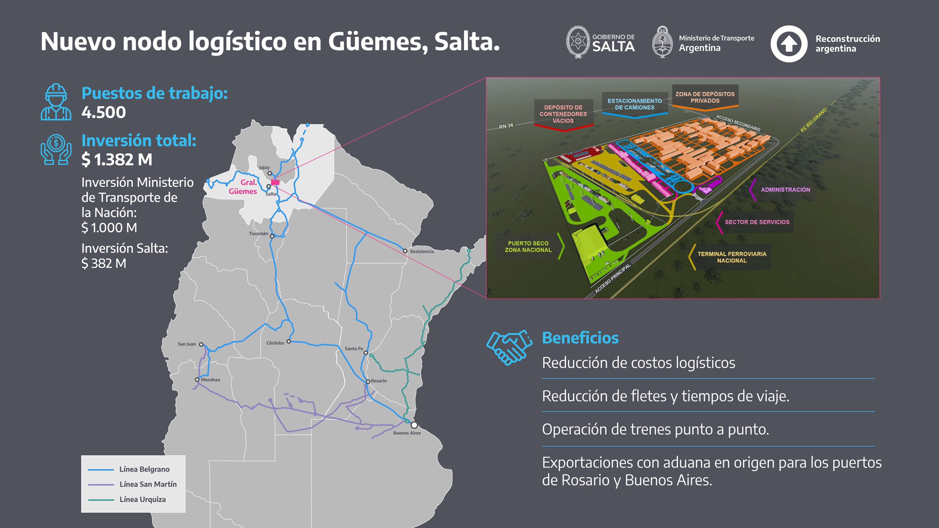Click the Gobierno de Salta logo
tap(601, 42)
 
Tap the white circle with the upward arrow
tap(789, 44)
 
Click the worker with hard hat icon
tap(56, 102)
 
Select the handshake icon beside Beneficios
tap(509, 347)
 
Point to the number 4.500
tap(104, 112)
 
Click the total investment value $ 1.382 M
tap(117, 159)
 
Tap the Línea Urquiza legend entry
tap(142, 500)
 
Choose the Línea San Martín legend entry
tap(148, 484)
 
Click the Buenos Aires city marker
tap(414, 425)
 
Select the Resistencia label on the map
tap(422, 252)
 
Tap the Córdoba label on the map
tap(275, 343)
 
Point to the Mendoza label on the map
tap(210, 379)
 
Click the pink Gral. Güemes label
tap(243, 187)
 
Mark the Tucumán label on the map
tap(259, 234)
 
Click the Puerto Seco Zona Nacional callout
tap(528, 247)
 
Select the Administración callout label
tap(785, 190)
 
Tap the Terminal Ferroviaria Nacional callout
tap(732, 257)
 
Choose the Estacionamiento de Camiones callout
tap(635, 104)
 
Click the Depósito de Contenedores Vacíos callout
tap(563, 114)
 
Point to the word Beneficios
tap(580, 338)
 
